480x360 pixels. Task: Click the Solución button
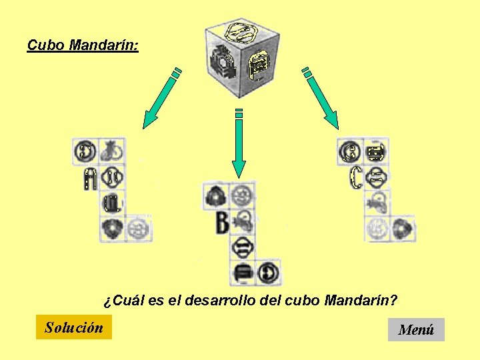pyautogui.click(x=74, y=327)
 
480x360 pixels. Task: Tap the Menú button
pyautogui.click(x=416, y=329)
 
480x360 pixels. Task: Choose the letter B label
pyautogui.click(x=222, y=223)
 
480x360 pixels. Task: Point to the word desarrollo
pyautogui.click(x=244, y=301)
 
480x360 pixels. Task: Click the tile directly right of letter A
pyautogui.click(x=112, y=178)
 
